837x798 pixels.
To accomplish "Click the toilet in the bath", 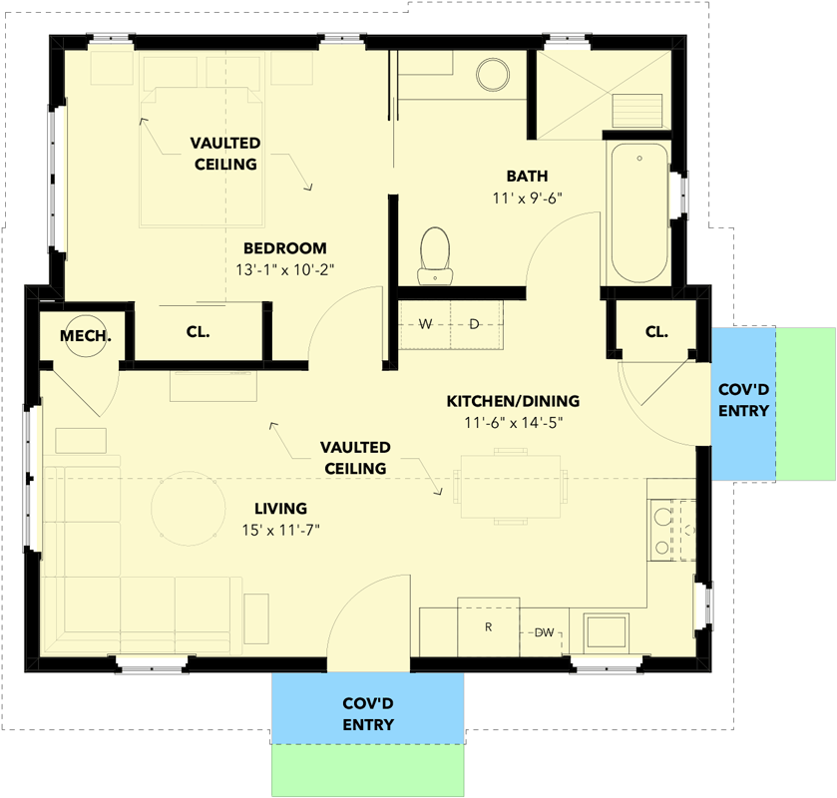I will pyautogui.click(x=434, y=253).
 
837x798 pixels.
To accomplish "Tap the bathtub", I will pyautogui.click(x=638, y=212).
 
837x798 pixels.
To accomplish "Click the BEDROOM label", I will pyautogui.click(x=285, y=248).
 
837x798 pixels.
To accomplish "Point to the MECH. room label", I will pyautogui.click(x=86, y=336).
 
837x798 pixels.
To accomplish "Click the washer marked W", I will pyautogui.click(x=425, y=324).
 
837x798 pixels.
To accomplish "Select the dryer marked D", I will pyautogui.click(x=475, y=324).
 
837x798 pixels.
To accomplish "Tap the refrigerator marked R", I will pyautogui.click(x=489, y=627).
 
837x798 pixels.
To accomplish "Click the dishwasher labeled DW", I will pyautogui.click(x=544, y=632).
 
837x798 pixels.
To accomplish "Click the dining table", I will pyautogui.click(x=510, y=486).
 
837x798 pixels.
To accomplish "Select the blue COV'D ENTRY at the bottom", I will pyautogui.click(x=368, y=712).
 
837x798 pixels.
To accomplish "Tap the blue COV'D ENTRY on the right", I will pyautogui.click(x=743, y=400).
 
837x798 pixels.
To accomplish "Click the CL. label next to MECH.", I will pyautogui.click(x=198, y=332).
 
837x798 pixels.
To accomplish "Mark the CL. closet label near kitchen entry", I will pyautogui.click(x=655, y=332).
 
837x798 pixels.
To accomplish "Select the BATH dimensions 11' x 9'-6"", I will pyautogui.click(x=528, y=198).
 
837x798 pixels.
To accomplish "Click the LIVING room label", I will pyautogui.click(x=279, y=508).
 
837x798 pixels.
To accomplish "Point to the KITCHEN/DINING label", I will pyautogui.click(x=512, y=401).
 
